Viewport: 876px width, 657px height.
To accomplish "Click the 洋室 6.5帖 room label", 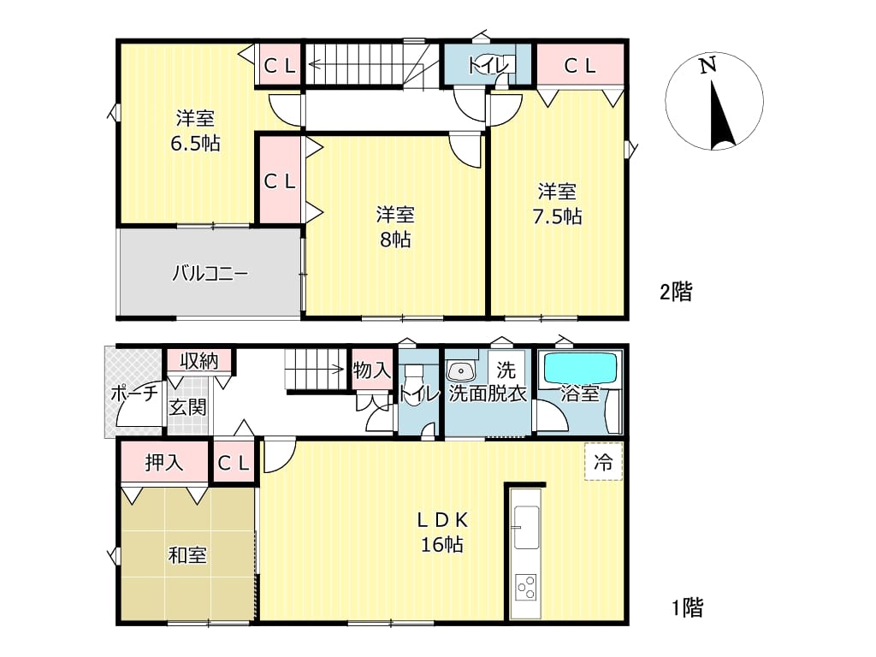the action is [x=195, y=131].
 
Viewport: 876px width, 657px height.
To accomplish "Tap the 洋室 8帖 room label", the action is [x=395, y=227].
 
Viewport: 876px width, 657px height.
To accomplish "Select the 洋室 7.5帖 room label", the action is [x=557, y=204].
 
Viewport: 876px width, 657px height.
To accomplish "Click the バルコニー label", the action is [x=210, y=274].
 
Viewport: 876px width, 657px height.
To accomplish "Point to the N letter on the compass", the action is [x=707, y=65].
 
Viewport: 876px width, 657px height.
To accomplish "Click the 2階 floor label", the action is [x=676, y=292].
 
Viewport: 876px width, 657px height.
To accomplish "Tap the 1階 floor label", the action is [x=687, y=607].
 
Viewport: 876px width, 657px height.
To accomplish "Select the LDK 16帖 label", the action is [x=442, y=532].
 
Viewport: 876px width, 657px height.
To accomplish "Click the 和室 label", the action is [x=187, y=555].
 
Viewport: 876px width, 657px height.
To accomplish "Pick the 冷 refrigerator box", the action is [x=603, y=461].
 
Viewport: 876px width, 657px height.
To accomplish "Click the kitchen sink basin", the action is [x=526, y=527].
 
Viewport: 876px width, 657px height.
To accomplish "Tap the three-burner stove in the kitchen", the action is [x=526, y=587].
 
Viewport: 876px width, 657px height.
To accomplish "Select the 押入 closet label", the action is [x=163, y=463].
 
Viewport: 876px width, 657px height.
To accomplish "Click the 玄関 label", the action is [x=187, y=407].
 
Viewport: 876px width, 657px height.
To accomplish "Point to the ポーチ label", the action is [x=134, y=393].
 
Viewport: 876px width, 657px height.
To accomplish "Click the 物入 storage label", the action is [x=370, y=370].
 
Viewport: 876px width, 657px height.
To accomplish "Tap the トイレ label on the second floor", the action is [x=488, y=66].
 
